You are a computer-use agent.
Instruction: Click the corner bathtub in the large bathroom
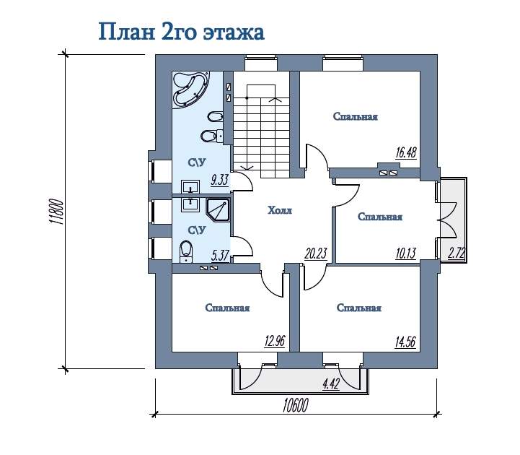coord(190,89)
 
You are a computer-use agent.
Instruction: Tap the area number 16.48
coord(406,153)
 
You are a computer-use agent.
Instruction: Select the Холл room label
coord(280,210)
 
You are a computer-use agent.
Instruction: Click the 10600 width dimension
coord(296,405)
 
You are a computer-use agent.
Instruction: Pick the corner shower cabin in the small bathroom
coord(217,210)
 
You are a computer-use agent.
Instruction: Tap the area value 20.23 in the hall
coord(316,254)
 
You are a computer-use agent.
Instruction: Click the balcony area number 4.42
coord(331,384)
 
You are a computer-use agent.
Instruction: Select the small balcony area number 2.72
coord(457,253)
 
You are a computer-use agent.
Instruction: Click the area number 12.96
coord(275,341)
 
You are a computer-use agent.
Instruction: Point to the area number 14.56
coord(405,342)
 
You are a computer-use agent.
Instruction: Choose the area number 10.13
coord(406,253)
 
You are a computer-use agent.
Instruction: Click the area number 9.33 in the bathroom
coord(220,180)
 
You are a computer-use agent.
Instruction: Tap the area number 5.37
coord(220,256)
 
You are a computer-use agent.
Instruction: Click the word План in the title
coord(127,32)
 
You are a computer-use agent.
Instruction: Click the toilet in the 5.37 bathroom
coord(186,251)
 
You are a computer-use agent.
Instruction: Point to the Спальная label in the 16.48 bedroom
coord(355,116)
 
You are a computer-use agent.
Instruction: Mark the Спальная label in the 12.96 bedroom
coord(227,308)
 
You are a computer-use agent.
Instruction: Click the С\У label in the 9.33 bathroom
coord(197,162)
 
